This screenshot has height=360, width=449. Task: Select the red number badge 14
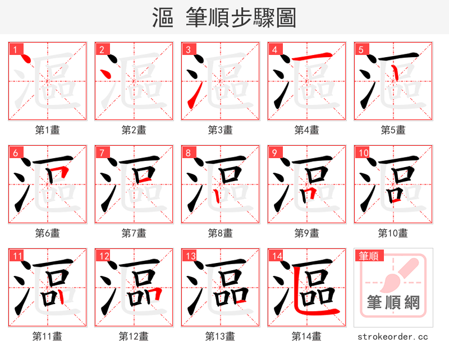[276, 256]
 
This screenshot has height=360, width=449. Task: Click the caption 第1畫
[48, 130]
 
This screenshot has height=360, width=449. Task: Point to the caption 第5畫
[393, 130]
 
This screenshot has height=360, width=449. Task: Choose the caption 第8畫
[220, 233]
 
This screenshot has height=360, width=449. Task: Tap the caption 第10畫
[393, 233]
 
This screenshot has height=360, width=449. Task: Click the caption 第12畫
[134, 336]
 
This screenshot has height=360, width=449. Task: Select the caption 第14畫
[306, 336]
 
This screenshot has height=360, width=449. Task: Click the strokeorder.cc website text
[393, 336]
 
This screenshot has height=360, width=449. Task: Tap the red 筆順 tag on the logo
[369, 256]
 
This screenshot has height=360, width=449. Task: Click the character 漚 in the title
[163, 18]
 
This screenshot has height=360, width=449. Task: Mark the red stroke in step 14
[314, 310]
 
